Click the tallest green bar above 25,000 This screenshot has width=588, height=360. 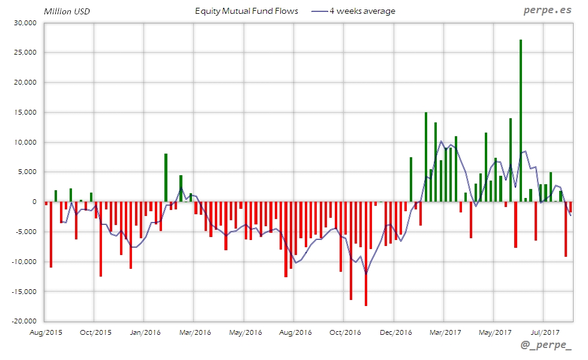[x=521, y=120]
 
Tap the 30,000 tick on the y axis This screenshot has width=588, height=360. [x=25, y=23]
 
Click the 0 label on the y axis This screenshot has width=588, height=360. [x=35, y=202]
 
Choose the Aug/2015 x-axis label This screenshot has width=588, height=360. [x=46, y=332]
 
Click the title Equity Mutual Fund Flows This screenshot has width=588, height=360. [x=247, y=11]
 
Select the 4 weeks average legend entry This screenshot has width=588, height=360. [x=353, y=11]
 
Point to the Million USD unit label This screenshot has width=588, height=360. [x=67, y=11]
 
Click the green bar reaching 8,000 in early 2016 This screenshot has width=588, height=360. [x=166, y=178]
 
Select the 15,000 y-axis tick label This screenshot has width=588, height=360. [x=25, y=112]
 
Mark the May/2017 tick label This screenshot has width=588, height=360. [x=494, y=332]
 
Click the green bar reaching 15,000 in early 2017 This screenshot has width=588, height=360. [x=425, y=157]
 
